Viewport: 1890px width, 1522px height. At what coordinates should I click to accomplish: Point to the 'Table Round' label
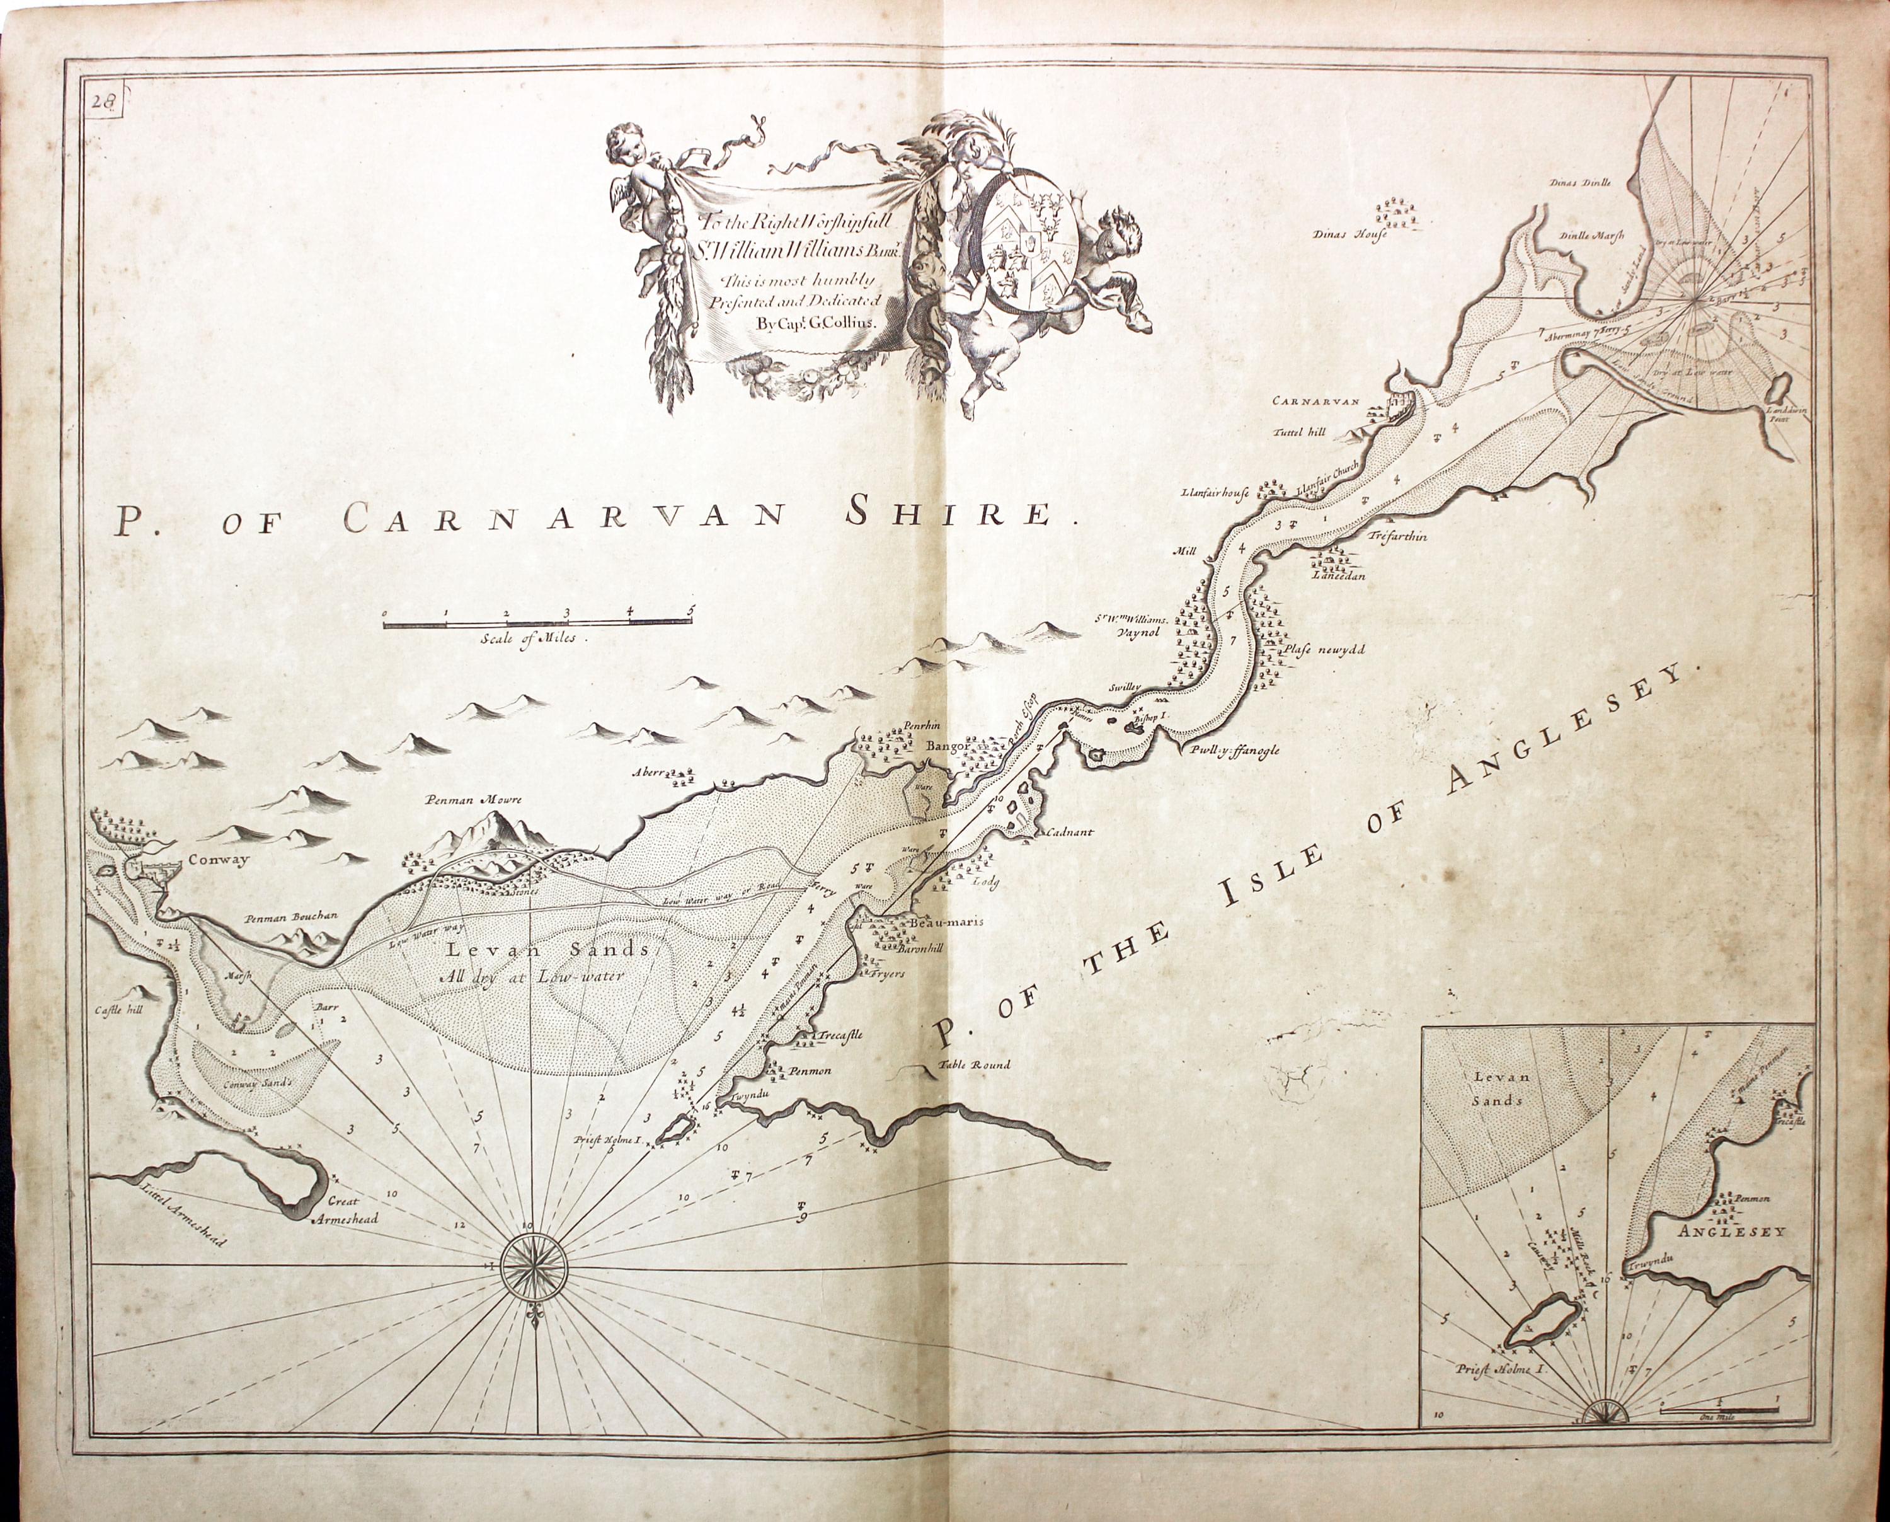click(974, 1065)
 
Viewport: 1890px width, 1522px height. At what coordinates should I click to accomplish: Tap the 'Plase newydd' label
click(1324, 650)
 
